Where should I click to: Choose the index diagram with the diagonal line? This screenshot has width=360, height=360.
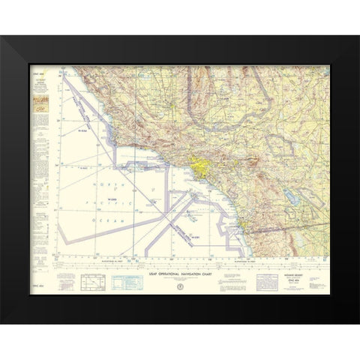[92, 284]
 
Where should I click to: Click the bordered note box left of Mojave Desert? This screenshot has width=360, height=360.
[268, 283]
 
